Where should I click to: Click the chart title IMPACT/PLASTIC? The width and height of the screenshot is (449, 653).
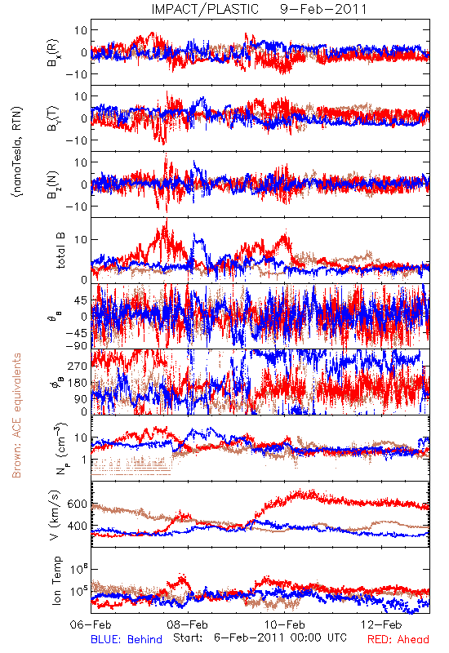tap(205, 9)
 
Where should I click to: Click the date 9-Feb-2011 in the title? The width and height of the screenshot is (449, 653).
tap(323, 9)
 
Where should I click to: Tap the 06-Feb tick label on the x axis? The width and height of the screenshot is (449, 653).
tap(91, 624)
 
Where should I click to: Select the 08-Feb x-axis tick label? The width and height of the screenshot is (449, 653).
tap(188, 624)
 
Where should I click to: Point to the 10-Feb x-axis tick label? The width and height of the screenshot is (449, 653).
tap(285, 624)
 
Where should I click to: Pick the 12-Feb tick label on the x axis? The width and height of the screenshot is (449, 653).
tap(381, 624)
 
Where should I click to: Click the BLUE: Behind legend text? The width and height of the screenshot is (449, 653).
tap(127, 639)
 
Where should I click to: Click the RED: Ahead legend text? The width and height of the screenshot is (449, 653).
tap(398, 639)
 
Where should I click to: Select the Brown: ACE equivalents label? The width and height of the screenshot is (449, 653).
tap(16, 415)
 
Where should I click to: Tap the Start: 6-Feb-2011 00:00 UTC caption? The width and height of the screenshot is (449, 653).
tap(260, 637)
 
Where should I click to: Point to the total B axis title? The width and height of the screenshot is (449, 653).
tap(60, 251)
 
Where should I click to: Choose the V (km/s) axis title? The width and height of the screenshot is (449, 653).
tap(55, 515)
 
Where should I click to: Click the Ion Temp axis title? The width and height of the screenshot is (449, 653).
tap(56, 580)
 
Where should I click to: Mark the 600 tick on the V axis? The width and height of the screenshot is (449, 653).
tap(77, 504)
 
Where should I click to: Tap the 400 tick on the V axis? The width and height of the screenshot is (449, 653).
tap(77, 526)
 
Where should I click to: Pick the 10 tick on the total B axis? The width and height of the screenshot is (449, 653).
tap(81, 239)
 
